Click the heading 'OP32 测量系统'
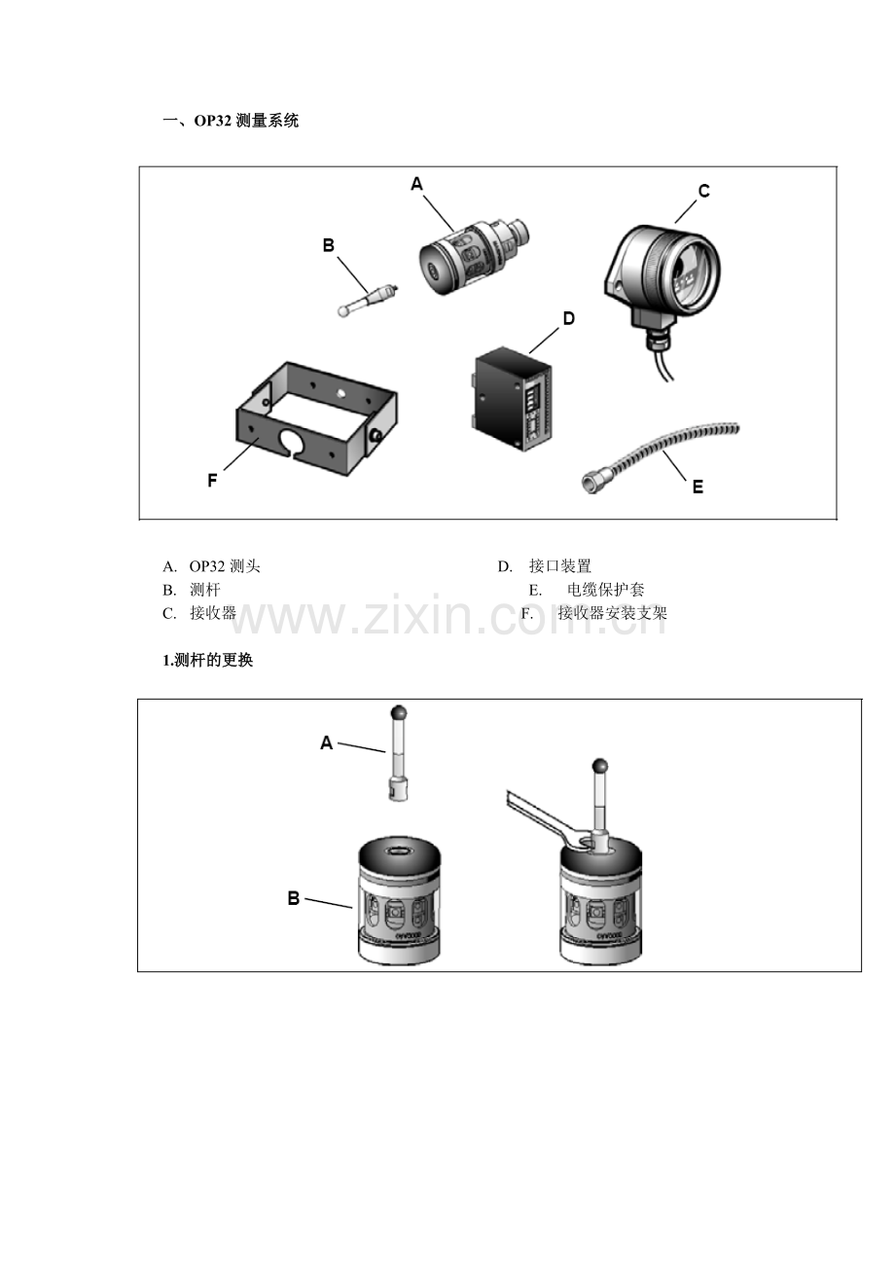(246, 121)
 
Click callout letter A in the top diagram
(416, 184)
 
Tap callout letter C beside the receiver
(703, 191)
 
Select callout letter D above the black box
(568, 318)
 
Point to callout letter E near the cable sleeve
(698, 487)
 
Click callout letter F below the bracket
(212, 480)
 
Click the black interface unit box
(512, 399)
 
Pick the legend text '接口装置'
(559, 566)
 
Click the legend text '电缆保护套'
(605, 590)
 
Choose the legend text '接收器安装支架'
(612, 613)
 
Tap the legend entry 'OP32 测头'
(225, 566)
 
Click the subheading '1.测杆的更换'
(207, 660)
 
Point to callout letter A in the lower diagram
(326, 742)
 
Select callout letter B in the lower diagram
(294, 898)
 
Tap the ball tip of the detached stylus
(399, 712)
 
